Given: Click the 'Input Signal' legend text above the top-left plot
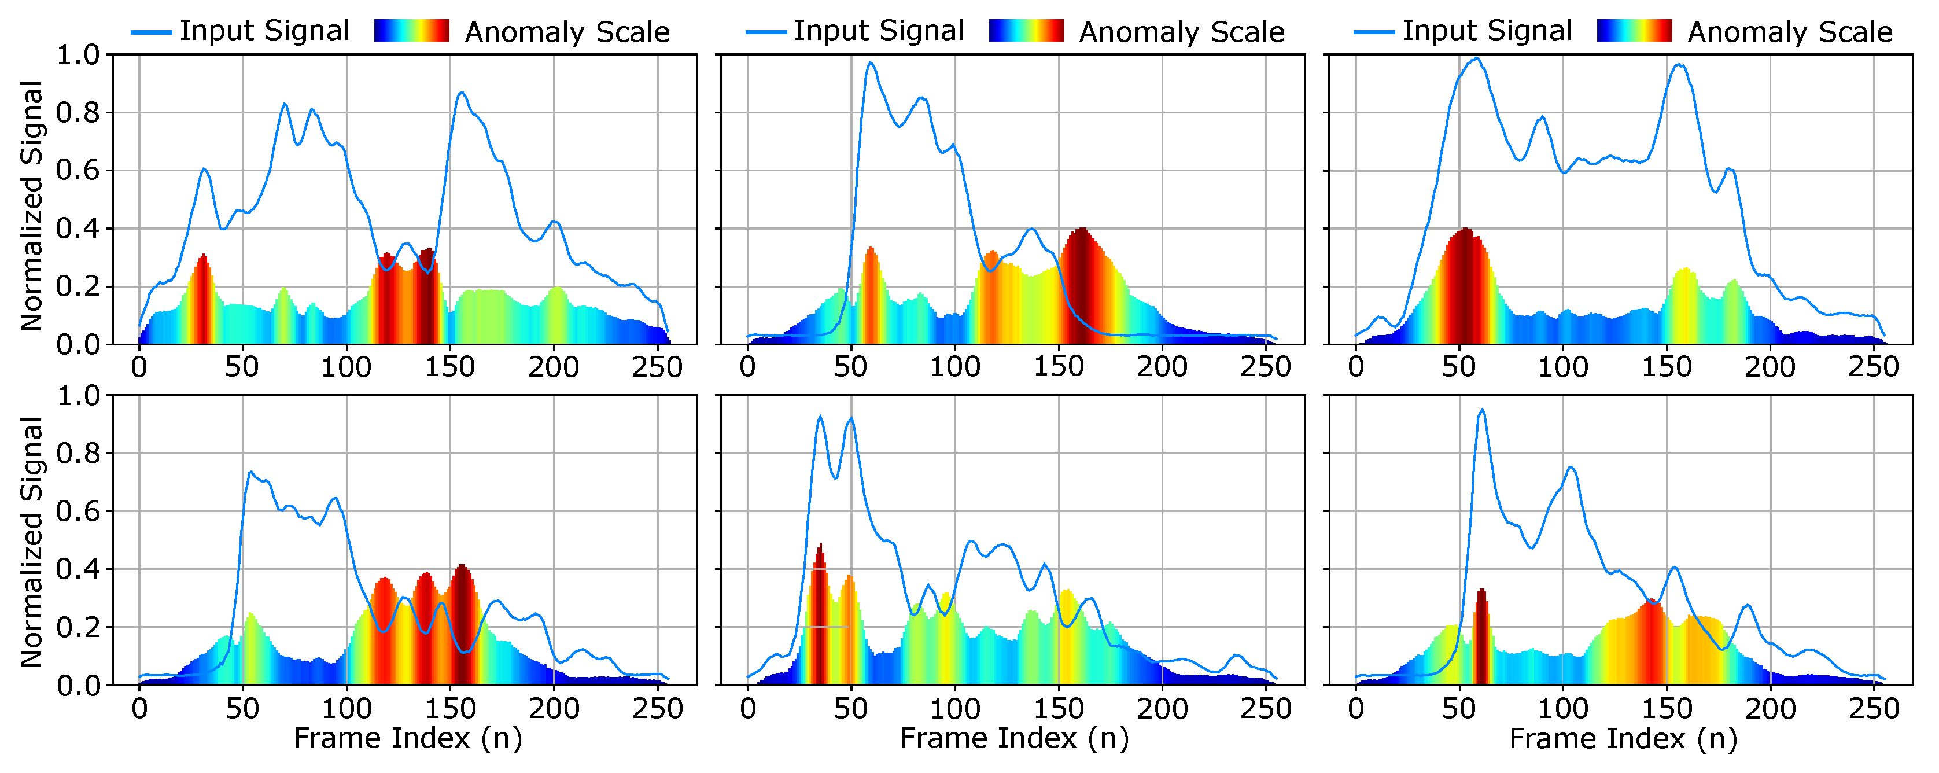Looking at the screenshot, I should click(264, 31).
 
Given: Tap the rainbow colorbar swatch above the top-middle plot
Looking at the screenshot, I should click(1026, 31).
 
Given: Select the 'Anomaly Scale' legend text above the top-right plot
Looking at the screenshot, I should click(1789, 32).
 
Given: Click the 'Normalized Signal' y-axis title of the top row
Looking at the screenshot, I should click(32, 205).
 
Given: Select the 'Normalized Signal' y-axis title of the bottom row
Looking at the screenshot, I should click(32, 542).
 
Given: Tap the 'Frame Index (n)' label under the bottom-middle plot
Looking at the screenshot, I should click(1014, 738).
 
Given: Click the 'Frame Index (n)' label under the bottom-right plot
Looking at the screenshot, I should click(1623, 738).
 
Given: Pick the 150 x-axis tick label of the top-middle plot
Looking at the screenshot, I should click(1057, 367).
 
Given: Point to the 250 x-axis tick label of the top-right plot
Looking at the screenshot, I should click(1872, 367).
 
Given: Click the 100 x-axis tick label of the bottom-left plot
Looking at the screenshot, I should click(346, 708).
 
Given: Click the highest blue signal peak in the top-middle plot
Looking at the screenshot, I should click(871, 63).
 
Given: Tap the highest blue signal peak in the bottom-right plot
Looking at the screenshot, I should click(1481, 411).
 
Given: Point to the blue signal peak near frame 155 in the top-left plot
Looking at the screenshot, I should click(462, 93).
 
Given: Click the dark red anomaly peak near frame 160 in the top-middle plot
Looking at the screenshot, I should click(1082, 232).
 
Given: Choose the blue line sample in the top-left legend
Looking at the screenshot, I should click(152, 32).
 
